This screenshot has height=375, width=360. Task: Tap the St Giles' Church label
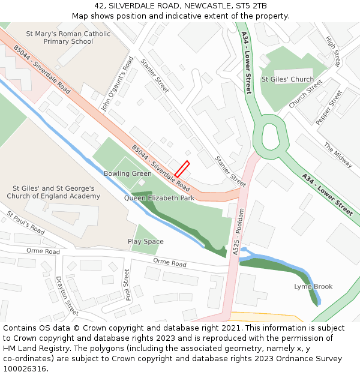[287, 79]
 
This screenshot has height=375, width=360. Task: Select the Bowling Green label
[128, 174]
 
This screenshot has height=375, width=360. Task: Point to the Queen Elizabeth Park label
[159, 197]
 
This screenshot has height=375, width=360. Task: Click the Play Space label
[146, 242]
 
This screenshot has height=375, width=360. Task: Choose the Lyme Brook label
[313, 287]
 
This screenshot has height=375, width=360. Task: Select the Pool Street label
[127, 285]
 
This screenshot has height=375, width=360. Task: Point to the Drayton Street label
[67, 296]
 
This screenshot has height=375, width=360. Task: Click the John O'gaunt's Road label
[117, 85]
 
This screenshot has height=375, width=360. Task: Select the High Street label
[332, 50]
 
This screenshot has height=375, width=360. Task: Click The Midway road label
[338, 155]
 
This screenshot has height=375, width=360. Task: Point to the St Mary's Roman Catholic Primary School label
[68, 38]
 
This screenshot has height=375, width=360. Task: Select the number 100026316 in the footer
[25, 369]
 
